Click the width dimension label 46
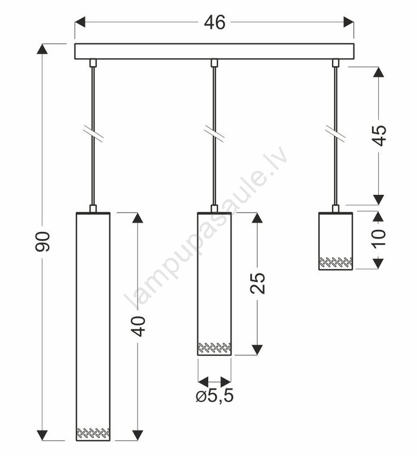coord(214,22)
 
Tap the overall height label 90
coord(43,241)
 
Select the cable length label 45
coord(379,136)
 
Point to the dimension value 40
coord(138,327)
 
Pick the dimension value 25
coord(257,283)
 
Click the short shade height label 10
coord(378,239)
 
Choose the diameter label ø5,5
coord(215,396)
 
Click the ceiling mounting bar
coord(214,51)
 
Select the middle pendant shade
coord(214,284)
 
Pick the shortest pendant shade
coord(336,241)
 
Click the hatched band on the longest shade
coord(93,433)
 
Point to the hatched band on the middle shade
coord(214,348)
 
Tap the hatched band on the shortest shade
coord(336,262)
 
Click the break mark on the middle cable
coord(214,134)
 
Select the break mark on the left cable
coord(93,134)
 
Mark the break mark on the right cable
coord(335,134)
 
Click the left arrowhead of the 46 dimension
coord(80,22)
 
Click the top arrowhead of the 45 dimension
coord(378,72)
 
